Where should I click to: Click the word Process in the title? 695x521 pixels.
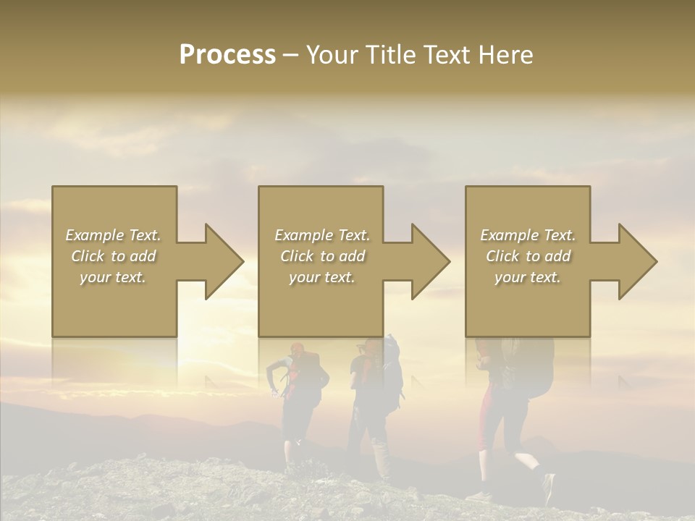227,55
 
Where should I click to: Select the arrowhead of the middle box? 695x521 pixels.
429,261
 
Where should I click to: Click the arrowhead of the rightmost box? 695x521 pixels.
636,261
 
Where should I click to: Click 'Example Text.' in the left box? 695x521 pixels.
113,235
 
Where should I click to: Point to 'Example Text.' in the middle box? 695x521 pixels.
321,235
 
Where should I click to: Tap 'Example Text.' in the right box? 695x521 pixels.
528,235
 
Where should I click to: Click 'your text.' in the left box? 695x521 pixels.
113,277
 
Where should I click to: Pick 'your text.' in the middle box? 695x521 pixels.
321,277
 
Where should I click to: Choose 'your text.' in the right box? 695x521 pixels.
528,277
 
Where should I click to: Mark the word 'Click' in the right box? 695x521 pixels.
503,256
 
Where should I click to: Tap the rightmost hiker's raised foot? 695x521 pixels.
547,485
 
